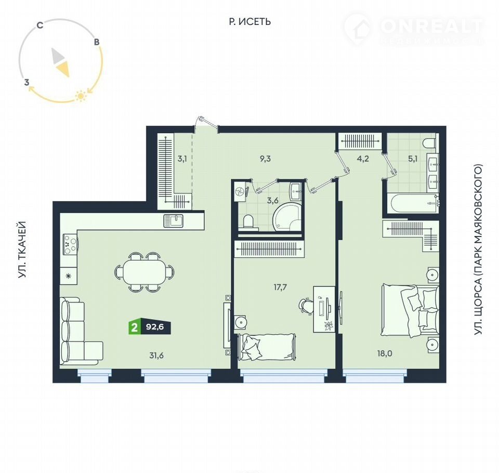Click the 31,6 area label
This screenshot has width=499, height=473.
click(x=156, y=355)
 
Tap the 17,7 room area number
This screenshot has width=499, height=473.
click(x=280, y=287)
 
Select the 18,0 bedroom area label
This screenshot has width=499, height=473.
click(x=385, y=353)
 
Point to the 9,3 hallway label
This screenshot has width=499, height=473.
click(x=265, y=159)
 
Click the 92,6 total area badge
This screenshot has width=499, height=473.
click(x=155, y=327)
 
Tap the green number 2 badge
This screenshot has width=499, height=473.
click(x=134, y=327)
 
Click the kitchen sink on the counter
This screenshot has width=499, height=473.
click(x=174, y=220)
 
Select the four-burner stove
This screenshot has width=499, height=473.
click(x=71, y=244)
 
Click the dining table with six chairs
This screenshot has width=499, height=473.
click(x=144, y=271)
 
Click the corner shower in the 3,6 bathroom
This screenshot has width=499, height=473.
click(x=287, y=217)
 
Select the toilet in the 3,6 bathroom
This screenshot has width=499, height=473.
click(x=248, y=222)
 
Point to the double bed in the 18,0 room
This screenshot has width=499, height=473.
click(x=410, y=311)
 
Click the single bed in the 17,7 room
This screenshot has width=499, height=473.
click(x=267, y=347)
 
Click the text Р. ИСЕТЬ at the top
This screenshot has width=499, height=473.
click(x=250, y=22)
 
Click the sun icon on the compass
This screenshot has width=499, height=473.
click(x=81, y=96)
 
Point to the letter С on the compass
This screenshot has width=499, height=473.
click(x=40, y=25)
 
